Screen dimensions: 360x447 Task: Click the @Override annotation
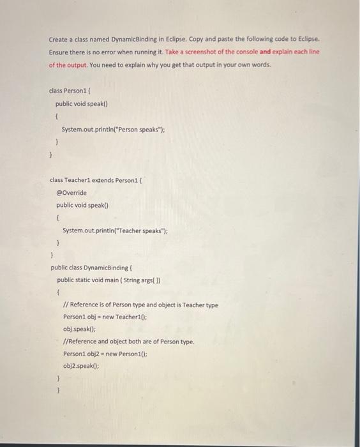[x=71, y=192]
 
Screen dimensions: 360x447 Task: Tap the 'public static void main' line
[x=109, y=280]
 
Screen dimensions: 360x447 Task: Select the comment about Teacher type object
[x=140, y=305]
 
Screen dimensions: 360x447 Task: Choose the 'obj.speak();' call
[x=79, y=330]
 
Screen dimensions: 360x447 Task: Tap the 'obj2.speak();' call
[x=81, y=366]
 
